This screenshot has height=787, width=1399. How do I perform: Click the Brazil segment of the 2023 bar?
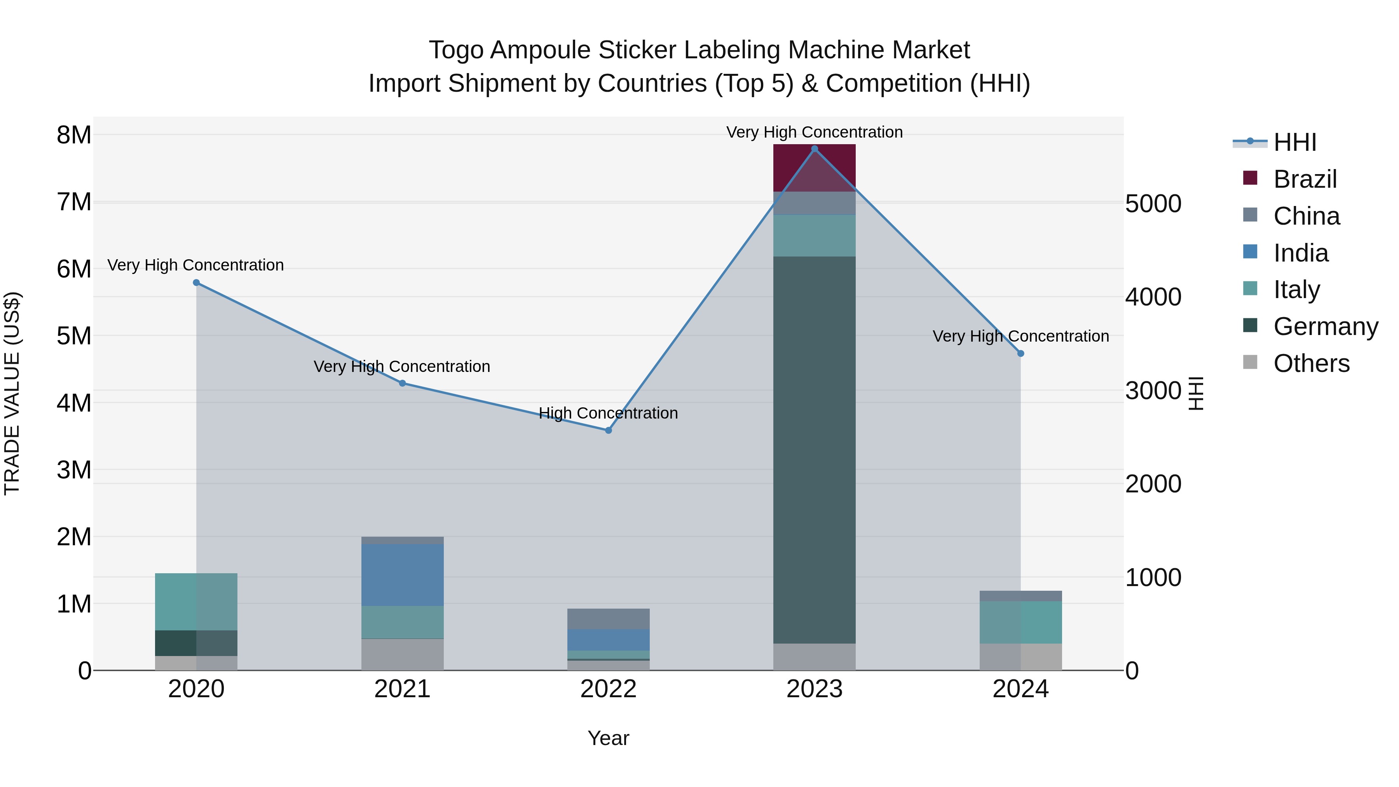pyautogui.click(x=814, y=168)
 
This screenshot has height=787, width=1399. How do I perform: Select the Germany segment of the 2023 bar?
pyautogui.click(x=814, y=450)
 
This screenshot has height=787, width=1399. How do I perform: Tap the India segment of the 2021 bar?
pyautogui.click(x=403, y=575)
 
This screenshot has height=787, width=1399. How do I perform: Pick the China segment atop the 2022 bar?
pyautogui.click(x=608, y=619)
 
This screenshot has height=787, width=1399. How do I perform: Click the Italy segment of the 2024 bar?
pyautogui.click(x=1020, y=622)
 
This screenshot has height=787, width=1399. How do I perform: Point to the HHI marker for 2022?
pyautogui.click(x=608, y=430)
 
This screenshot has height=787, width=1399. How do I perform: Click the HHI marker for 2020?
pyautogui.click(x=197, y=283)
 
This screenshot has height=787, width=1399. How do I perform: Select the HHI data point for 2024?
pyautogui.click(x=1020, y=354)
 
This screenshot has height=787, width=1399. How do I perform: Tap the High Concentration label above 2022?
pyautogui.click(x=608, y=414)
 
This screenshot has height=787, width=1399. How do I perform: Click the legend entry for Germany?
pyautogui.click(x=1325, y=326)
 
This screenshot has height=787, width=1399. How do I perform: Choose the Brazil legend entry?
pyautogui.click(x=1305, y=179)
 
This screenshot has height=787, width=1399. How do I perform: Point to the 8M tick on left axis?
pyautogui.click(x=74, y=135)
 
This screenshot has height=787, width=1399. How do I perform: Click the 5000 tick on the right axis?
pyautogui.click(x=1153, y=204)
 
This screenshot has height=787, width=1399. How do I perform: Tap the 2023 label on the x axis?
pyautogui.click(x=814, y=689)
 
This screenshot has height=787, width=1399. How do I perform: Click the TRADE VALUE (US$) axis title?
pyautogui.click(x=12, y=393)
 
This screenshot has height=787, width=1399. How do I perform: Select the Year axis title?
pyautogui.click(x=608, y=738)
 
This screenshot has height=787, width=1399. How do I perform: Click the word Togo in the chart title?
pyautogui.click(x=456, y=50)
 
